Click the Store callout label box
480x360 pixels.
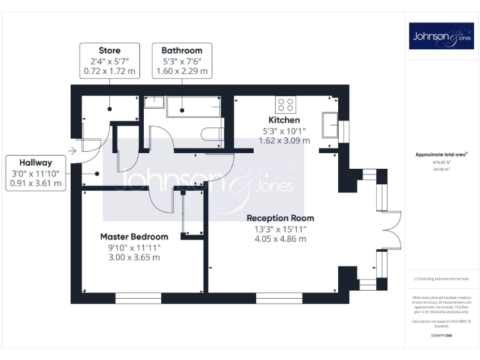point(109,61)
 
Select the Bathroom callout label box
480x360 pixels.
point(182,61)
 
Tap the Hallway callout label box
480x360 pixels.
point(36,173)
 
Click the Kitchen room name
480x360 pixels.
point(284,120)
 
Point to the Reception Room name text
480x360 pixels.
point(280,218)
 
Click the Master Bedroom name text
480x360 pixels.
point(134,237)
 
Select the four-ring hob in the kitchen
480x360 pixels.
point(286,104)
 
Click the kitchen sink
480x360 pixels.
point(329,124)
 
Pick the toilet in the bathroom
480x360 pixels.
point(212,132)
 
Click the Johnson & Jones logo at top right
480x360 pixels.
point(441,36)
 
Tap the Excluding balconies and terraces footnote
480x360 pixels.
point(441,279)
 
